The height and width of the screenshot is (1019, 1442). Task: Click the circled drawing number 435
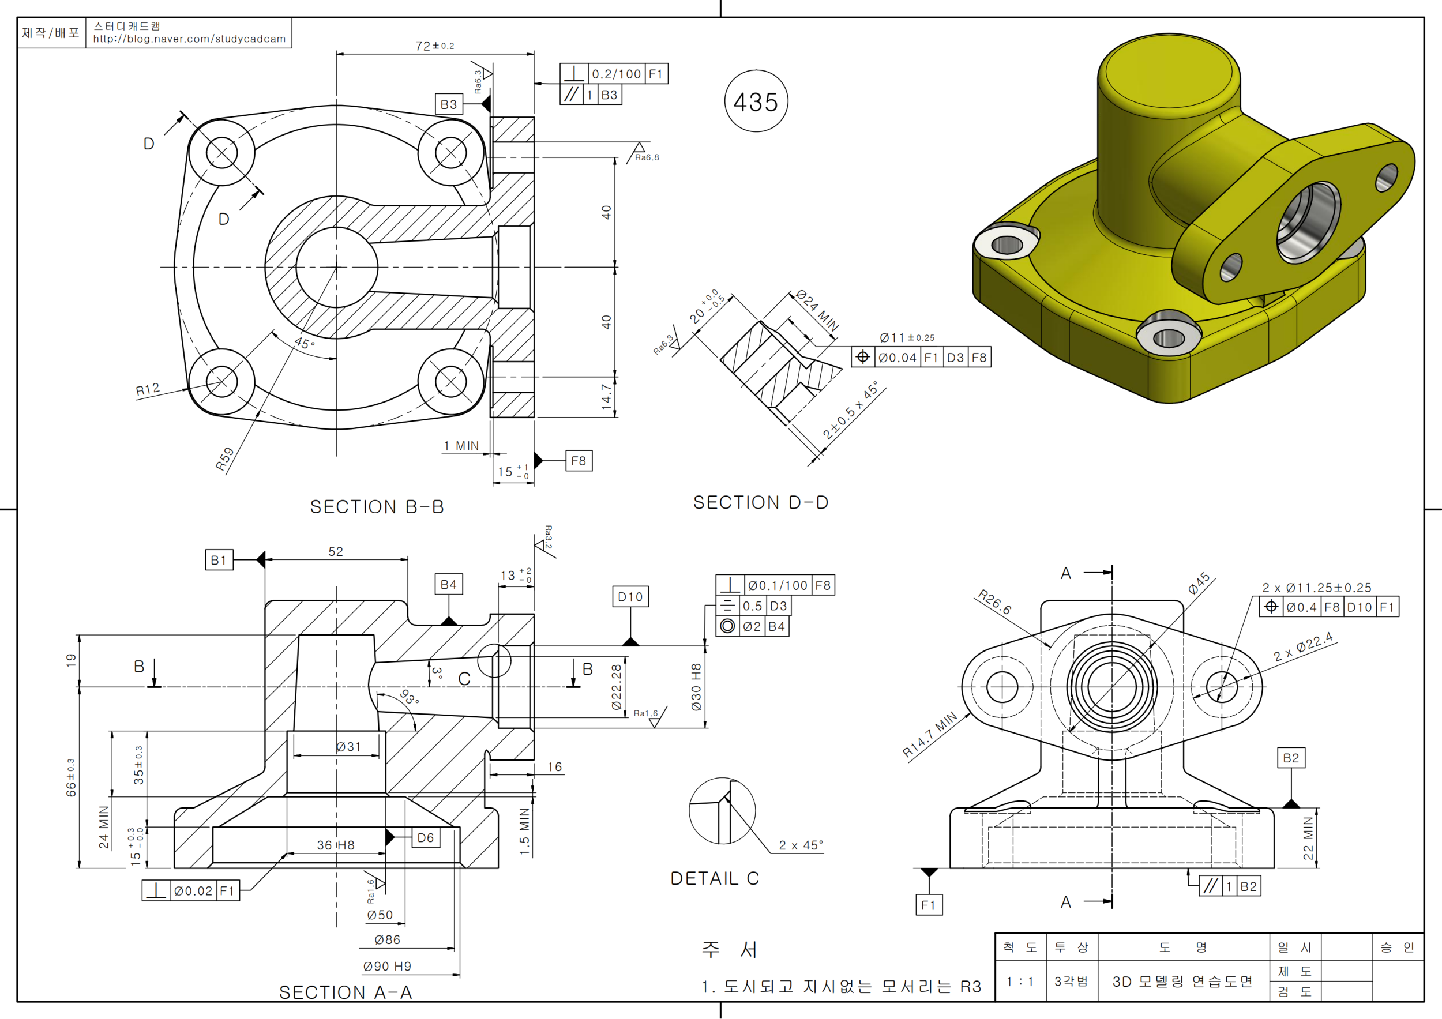[x=756, y=101]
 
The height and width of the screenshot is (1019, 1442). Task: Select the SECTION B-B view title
[x=377, y=507]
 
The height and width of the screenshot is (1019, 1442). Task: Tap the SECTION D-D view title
[x=761, y=502]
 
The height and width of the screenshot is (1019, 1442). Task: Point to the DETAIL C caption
[x=715, y=878]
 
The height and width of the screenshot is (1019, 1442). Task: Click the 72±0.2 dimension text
[x=434, y=46]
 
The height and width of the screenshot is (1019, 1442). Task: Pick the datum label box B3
[x=448, y=104]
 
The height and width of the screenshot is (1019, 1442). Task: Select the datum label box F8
[x=579, y=461]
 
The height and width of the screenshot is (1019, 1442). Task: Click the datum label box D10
[x=630, y=596]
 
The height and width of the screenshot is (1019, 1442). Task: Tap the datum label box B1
[x=219, y=560]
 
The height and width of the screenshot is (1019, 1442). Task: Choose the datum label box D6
[x=425, y=837]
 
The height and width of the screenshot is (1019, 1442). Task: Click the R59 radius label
[x=224, y=459]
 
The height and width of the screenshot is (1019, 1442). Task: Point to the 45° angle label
[x=305, y=343]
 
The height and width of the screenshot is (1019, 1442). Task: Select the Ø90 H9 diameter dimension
[x=387, y=967]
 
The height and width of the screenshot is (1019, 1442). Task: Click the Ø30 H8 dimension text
[x=696, y=687]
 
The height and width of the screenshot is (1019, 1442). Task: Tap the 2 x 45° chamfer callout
[x=800, y=845]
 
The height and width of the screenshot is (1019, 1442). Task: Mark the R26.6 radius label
[x=994, y=603]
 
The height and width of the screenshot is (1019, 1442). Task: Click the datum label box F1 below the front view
[x=928, y=905]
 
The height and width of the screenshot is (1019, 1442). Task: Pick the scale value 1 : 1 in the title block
[x=1020, y=981]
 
